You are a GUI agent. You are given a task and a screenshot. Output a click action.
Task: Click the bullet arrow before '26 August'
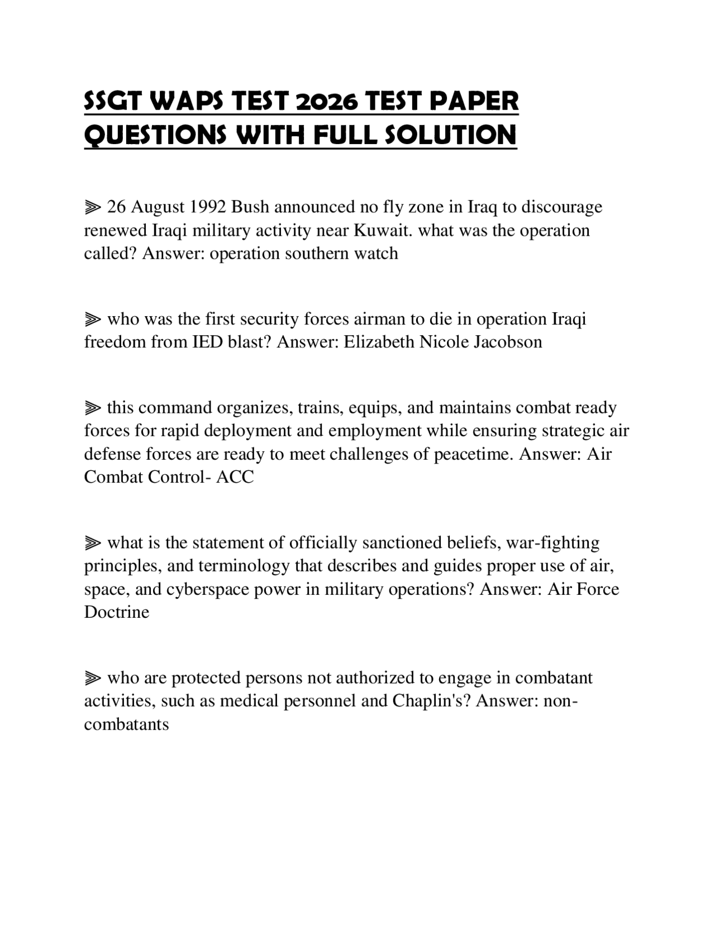click(93, 208)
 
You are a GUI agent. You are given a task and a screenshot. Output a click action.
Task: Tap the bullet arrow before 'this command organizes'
click(93, 408)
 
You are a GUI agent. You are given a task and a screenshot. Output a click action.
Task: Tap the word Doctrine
click(117, 612)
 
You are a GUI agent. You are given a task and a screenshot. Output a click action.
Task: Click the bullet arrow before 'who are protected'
click(93, 678)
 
